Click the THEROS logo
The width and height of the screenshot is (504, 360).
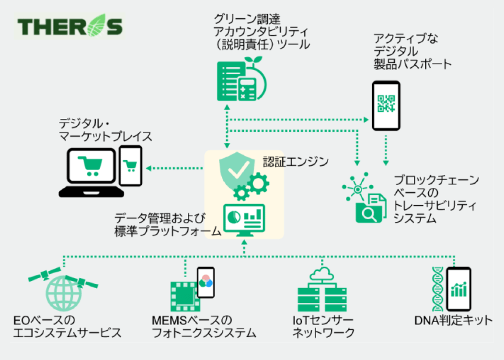click(69, 27)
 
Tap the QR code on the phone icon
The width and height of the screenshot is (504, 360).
click(386, 103)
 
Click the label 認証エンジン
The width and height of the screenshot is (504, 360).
click(296, 161)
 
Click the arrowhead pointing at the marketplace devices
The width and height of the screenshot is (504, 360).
click(149, 168)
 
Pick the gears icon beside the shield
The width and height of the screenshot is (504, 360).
click(253, 186)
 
